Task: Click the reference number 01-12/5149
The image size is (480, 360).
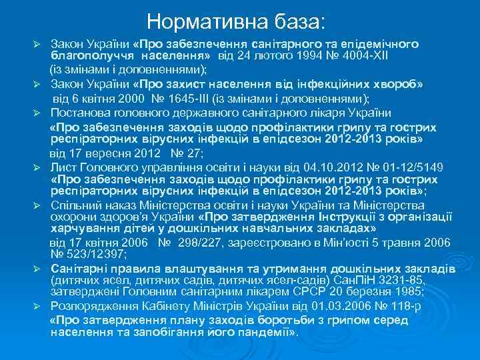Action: tap(407, 166)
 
